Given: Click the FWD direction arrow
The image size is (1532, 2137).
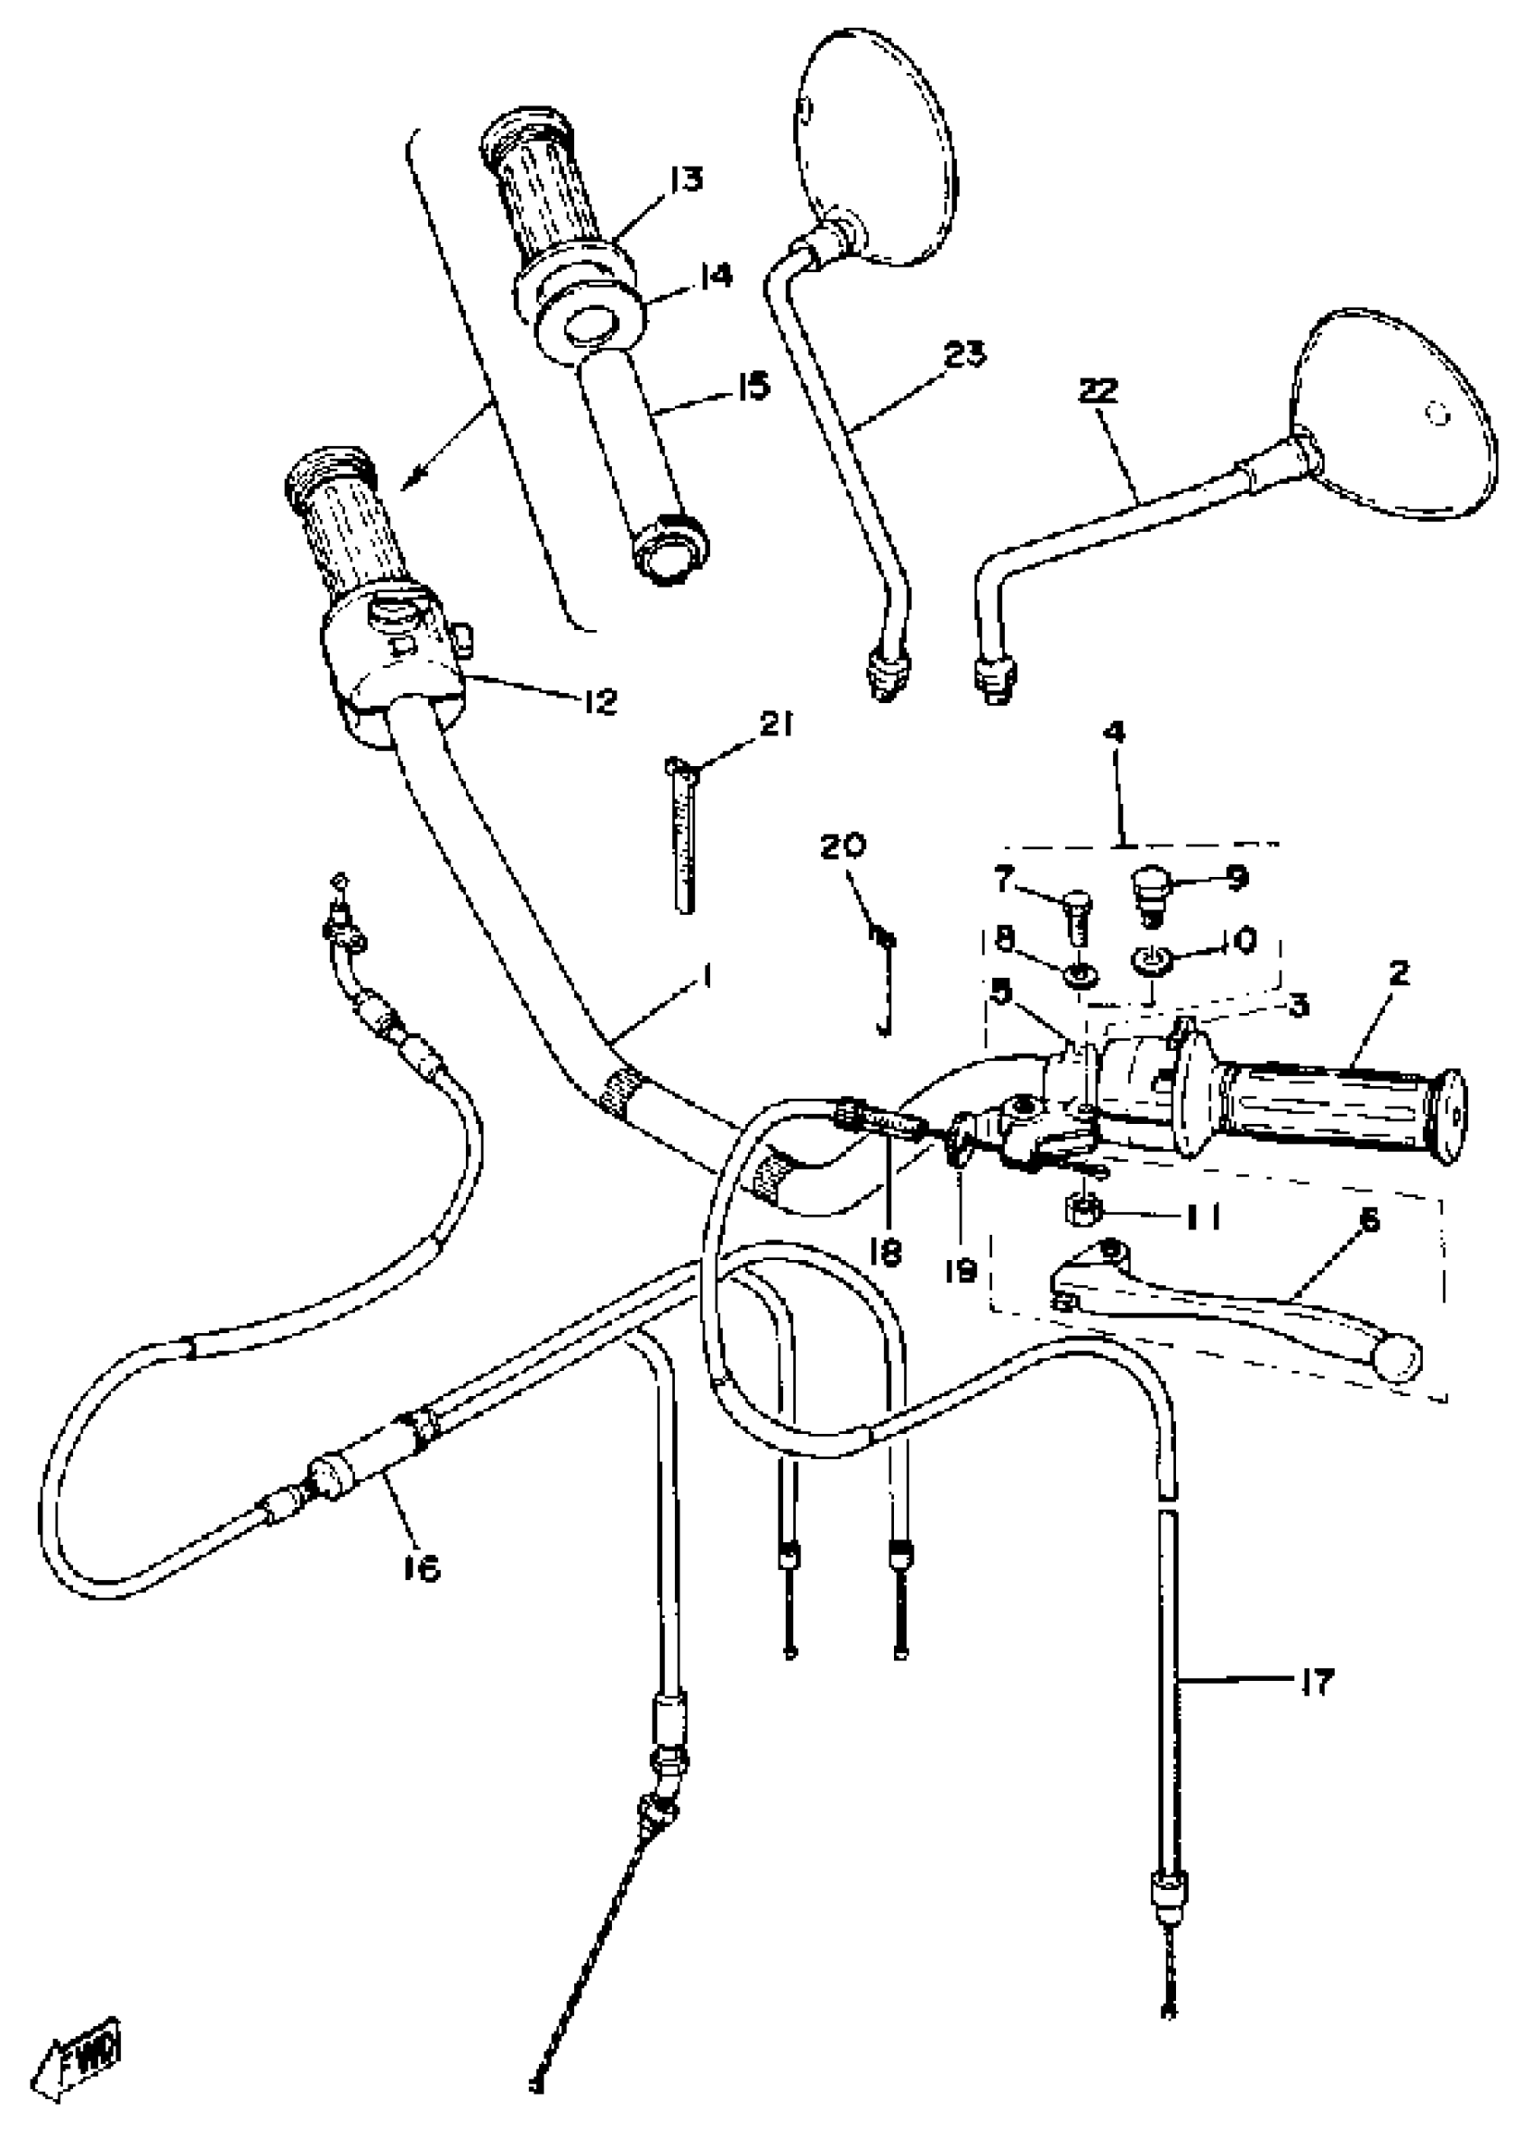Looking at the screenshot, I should point(78,2075).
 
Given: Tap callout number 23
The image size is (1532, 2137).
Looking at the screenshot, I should point(964,356).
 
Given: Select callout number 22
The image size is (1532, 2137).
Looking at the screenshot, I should point(1099,390).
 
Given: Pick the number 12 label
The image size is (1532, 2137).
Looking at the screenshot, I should point(598,700).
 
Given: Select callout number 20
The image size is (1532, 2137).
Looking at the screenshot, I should point(843,845).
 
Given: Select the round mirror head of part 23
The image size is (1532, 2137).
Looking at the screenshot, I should point(876,151).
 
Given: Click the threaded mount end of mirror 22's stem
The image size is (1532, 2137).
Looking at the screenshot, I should point(992,675).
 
